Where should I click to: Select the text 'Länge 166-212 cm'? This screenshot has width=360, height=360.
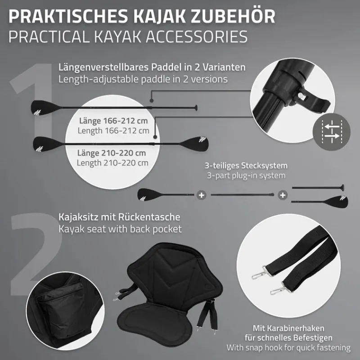pyautogui.click(x=112, y=121)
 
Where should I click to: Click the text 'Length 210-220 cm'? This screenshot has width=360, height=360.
pyautogui.click(x=112, y=162)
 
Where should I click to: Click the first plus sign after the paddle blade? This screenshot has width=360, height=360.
pyautogui.click(x=201, y=195)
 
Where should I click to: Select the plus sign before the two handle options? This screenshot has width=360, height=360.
pyautogui.click(x=282, y=195)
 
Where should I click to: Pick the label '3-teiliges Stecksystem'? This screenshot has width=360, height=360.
pyautogui.click(x=246, y=166)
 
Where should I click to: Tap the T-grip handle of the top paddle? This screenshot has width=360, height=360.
pyautogui.click(x=196, y=108)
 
